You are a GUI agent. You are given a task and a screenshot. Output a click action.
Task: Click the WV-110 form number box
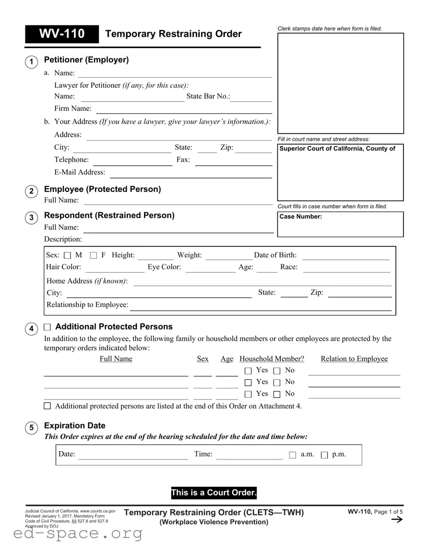click(x=62, y=34)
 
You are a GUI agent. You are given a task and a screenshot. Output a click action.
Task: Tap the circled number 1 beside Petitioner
click(x=31, y=62)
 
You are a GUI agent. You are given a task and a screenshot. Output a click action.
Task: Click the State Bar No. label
click(x=208, y=96)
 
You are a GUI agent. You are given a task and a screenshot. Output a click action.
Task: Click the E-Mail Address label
click(x=79, y=172)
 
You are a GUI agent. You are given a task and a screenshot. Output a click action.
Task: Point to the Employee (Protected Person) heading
click(x=102, y=189)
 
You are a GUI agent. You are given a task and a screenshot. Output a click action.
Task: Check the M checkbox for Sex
click(x=67, y=255)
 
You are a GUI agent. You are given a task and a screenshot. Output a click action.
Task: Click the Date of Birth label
click(x=275, y=255)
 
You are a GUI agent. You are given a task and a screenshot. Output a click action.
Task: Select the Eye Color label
click(x=164, y=267)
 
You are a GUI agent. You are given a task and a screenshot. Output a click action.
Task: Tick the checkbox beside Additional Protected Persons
click(x=47, y=327)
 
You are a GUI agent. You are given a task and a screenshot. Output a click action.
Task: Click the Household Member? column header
click(x=272, y=359)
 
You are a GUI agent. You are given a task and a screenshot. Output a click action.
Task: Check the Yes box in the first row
click(x=248, y=371)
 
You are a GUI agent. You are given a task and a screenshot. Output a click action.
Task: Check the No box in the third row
click(x=277, y=395)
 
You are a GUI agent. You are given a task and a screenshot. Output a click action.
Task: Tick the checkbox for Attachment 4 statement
click(x=47, y=406)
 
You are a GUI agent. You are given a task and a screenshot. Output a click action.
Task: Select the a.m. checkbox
click(x=293, y=455)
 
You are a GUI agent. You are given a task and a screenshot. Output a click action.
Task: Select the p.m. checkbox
click(x=324, y=455)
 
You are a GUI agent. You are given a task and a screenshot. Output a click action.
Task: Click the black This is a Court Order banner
click(x=214, y=493)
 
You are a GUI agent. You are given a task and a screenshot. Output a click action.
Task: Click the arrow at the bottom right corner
click(x=397, y=520)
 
